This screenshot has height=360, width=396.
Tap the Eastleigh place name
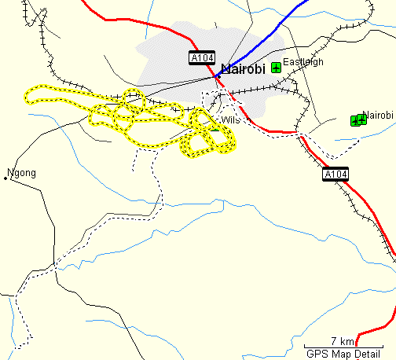pos(303,62)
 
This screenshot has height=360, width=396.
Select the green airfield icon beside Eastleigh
pos(276,68)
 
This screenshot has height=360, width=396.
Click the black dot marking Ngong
pos(5,179)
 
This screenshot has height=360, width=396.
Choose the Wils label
pos(230,120)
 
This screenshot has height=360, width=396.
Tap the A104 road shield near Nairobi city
pos(201,58)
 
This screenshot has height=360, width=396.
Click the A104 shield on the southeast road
pos(335,174)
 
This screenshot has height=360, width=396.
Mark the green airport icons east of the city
pos(358,119)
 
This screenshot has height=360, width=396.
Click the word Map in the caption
pos(341,353)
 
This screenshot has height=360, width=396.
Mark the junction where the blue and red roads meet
pos(214,76)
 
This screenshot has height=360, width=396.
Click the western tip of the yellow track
pos(26,97)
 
